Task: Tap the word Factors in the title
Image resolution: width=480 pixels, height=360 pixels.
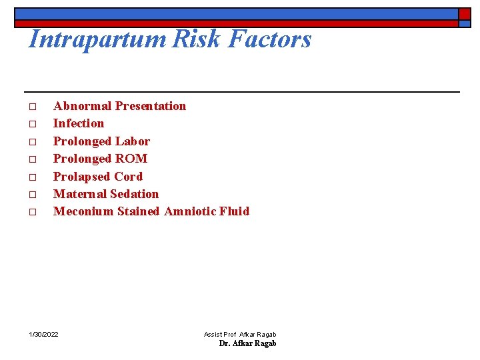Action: point(270,40)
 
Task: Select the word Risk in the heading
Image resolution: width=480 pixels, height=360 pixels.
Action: point(197,40)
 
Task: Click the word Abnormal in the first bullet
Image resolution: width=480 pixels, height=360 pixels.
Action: point(82,106)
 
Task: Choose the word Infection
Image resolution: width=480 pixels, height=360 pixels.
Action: point(79,123)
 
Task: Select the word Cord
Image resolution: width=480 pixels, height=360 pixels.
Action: point(128,177)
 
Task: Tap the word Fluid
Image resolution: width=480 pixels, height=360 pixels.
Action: point(237,211)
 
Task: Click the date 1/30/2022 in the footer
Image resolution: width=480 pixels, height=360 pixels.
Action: point(43,334)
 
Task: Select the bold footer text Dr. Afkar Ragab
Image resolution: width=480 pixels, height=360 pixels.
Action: point(247,343)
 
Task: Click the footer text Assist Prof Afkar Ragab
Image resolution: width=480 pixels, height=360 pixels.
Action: point(240,334)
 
